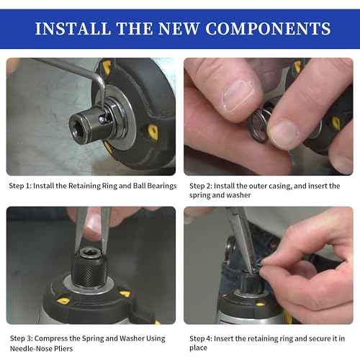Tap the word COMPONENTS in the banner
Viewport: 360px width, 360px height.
click(x=267, y=29)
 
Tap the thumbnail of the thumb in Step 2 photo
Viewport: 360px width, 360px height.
click(x=283, y=132)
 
